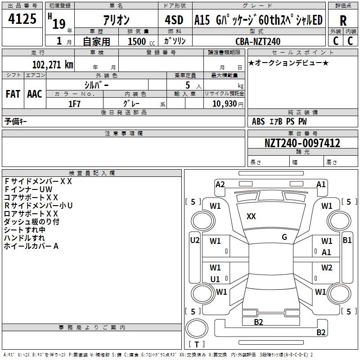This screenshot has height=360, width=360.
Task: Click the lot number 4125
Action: click(22, 18)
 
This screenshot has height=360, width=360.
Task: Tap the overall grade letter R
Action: click(343, 21)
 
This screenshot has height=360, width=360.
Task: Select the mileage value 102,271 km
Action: click(53, 64)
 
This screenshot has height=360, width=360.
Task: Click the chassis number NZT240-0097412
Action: click(302, 143)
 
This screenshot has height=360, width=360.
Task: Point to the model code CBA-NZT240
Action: click(258, 41)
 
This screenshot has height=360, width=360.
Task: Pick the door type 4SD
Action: click(174, 20)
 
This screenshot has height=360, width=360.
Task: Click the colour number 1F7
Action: click(74, 104)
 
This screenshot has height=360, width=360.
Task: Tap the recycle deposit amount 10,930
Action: click(225, 103)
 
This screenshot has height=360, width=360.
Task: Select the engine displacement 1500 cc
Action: click(141, 41)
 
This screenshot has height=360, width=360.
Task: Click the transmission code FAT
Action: click(13, 94)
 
